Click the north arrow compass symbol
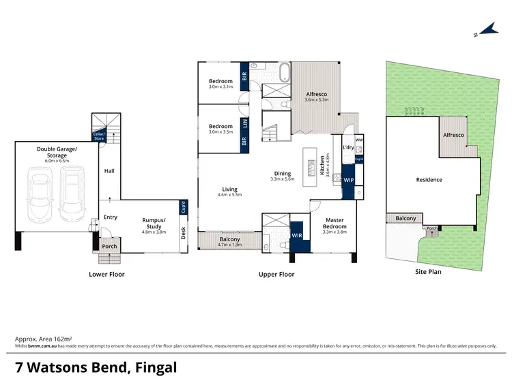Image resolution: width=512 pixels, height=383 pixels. point(487,29)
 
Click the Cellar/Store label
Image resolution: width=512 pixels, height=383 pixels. point(99,136)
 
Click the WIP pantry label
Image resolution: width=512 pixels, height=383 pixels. point(348,181)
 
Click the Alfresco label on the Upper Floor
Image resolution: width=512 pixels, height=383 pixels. point(317,96)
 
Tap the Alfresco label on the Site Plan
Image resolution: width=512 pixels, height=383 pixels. point(453,136)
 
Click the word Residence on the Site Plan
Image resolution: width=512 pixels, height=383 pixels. point(429,180)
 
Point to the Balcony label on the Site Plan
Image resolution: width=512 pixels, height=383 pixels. point(406,219)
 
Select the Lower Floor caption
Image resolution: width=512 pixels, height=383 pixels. point(106,275)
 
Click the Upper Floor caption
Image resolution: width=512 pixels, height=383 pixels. point(276,275)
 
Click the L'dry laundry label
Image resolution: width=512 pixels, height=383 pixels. point(347,148)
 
